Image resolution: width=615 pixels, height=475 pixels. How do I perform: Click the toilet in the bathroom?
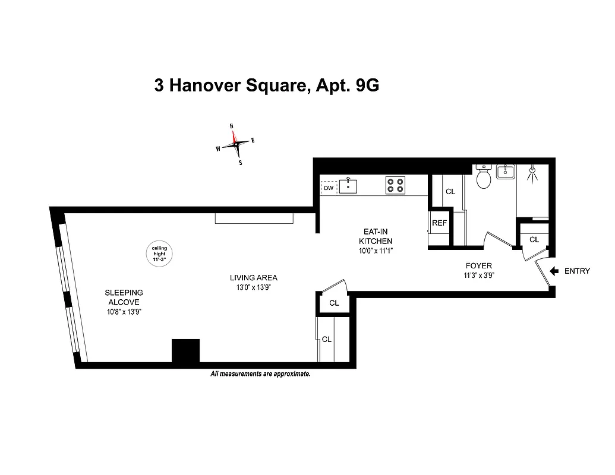(484, 178)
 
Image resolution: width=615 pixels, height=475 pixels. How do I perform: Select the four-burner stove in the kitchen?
(395, 186)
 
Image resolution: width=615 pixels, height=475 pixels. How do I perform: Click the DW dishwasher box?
(329, 188)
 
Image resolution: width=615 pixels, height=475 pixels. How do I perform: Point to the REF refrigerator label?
(439, 223)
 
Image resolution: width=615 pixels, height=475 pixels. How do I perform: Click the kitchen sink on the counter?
(348, 186)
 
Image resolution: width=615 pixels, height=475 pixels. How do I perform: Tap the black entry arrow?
(554, 271)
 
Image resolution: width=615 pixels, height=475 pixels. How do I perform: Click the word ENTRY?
(577, 271)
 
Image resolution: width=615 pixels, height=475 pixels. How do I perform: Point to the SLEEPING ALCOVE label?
(124, 297)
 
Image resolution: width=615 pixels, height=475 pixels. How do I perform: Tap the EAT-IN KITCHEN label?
(376, 236)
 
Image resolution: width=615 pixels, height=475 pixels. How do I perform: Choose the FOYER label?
(479, 266)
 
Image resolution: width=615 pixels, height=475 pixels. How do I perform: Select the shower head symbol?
(532, 172)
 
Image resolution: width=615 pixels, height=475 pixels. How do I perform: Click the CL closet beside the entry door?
(534, 239)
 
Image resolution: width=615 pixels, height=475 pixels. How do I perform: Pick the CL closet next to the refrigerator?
(450, 192)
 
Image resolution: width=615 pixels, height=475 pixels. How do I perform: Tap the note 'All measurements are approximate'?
(260, 374)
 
